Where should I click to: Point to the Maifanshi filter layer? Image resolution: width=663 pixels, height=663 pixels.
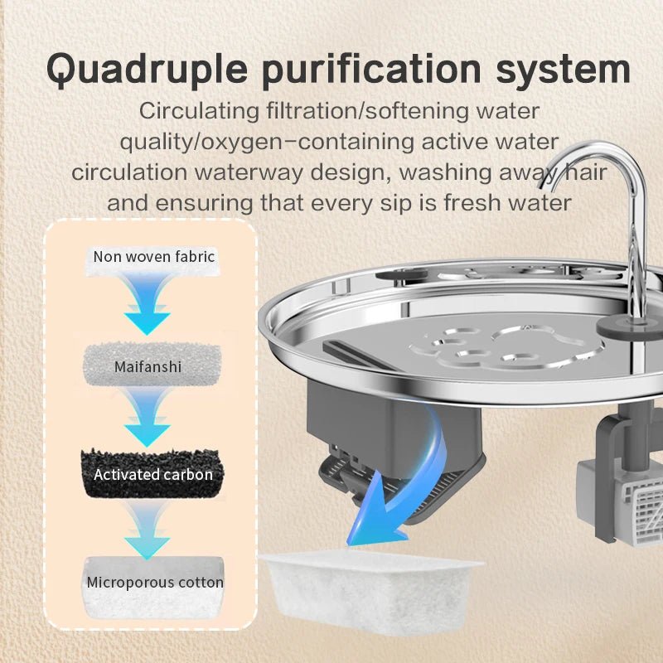(152, 365)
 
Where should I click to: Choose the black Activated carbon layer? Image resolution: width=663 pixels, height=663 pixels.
(152, 473)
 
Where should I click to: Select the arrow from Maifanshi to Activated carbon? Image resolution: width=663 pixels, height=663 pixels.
(148, 417)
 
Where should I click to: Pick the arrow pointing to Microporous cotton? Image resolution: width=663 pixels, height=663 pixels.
(148, 529)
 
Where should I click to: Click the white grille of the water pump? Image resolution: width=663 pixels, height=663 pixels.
(641, 512)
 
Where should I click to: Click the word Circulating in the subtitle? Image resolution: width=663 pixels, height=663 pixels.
(199, 112)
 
